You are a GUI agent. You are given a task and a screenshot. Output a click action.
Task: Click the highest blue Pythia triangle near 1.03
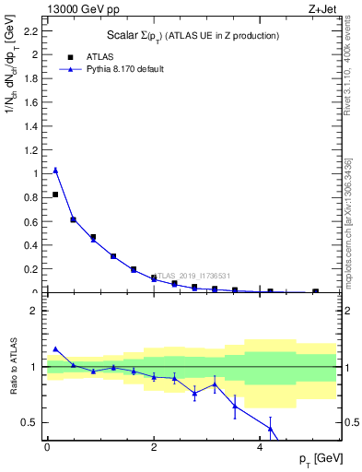tap(55, 170)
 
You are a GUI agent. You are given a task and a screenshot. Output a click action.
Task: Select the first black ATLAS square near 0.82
tap(55, 195)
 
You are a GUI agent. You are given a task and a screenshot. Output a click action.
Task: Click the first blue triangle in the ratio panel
tap(55, 348)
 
